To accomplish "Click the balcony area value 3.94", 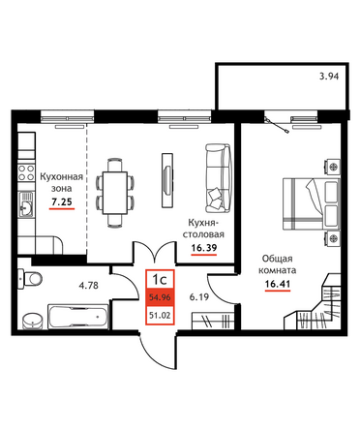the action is click(329, 77).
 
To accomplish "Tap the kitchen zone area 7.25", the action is click(62, 202).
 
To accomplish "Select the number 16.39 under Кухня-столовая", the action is click(204, 248).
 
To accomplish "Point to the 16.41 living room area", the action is click(278, 284).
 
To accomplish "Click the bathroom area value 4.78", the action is click(89, 286).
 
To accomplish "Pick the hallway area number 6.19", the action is click(199, 297).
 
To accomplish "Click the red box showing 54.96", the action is click(160, 297).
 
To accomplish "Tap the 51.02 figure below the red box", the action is click(160, 315).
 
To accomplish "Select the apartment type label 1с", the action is click(160, 279).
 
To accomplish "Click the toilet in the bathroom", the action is click(30, 278).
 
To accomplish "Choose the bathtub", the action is click(77, 317).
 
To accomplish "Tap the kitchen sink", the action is click(26, 204).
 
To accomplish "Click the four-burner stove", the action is click(26, 172).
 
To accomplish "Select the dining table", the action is click(115, 193).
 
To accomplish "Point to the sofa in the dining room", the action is click(218, 178).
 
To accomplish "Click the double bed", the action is click(312, 203).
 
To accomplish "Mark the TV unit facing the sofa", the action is click(167, 180).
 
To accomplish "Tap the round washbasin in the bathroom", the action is click(33, 321).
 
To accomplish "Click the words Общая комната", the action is click(278, 264).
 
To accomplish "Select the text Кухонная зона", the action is click(62, 182).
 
